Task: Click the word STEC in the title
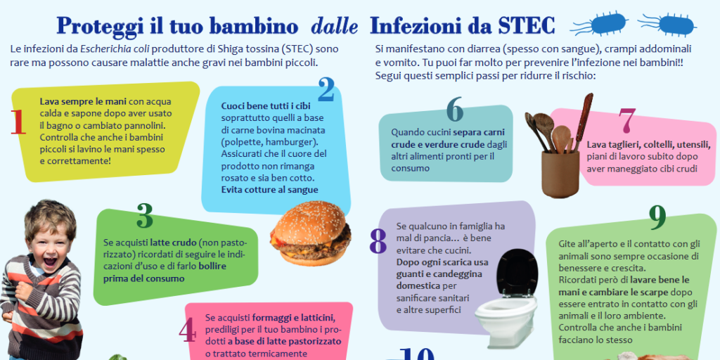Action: pos(526,26)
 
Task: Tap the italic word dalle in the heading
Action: pos(334,26)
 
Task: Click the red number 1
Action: pos(18,122)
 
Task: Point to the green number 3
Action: pos(145,217)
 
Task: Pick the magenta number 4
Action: pos(187,332)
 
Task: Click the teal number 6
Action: pos(454,109)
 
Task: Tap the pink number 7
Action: pos(627,120)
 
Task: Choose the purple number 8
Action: pos(378,241)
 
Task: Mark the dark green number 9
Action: pos(657,218)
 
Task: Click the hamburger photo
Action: pos(310,233)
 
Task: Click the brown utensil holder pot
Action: pos(560,174)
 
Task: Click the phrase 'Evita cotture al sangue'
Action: pos(269,189)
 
